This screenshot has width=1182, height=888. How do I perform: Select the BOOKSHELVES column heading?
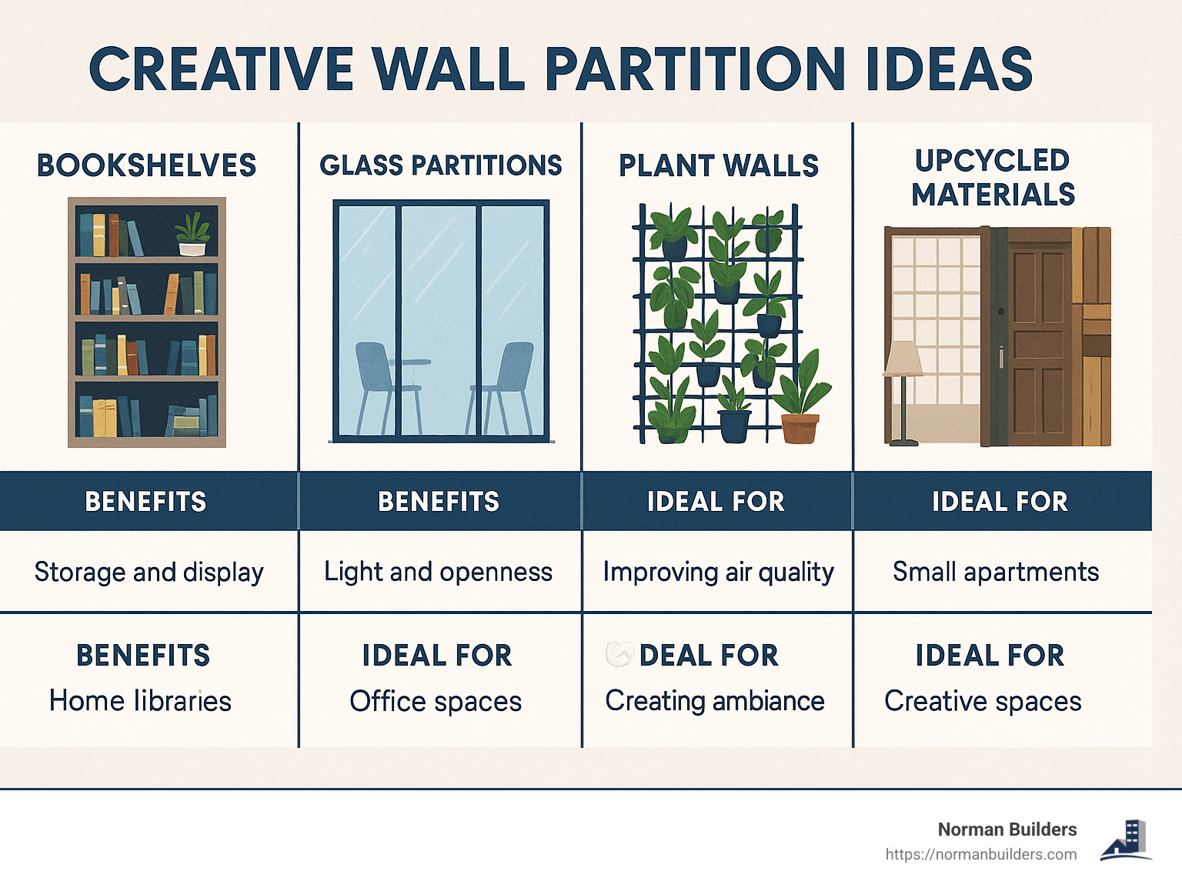pos(146,165)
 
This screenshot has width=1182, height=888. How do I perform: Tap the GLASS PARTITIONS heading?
pos(440,165)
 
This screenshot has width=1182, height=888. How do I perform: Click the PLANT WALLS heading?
pos(718,165)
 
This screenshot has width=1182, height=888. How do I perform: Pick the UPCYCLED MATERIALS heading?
pos(993,178)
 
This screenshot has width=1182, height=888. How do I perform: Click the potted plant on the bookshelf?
pos(192,235)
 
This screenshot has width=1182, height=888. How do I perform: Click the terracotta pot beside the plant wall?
pos(800,428)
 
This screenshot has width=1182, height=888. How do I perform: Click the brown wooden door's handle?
pos(1001,357)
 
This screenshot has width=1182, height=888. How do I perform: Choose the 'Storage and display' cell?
pos(149,572)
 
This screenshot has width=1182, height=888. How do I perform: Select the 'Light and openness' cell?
pos(438,572)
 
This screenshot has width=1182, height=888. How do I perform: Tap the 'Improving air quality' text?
pos(718,572)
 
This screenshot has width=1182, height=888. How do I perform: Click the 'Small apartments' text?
pos(995,572)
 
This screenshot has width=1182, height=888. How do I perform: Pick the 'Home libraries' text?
pos(140,701)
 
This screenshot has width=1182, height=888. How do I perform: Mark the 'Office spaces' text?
pos(436,702)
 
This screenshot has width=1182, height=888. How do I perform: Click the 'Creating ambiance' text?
pos(715,701)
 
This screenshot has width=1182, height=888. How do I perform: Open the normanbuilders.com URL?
pos(980,854)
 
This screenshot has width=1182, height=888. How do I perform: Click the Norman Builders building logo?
pos(1127,840)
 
